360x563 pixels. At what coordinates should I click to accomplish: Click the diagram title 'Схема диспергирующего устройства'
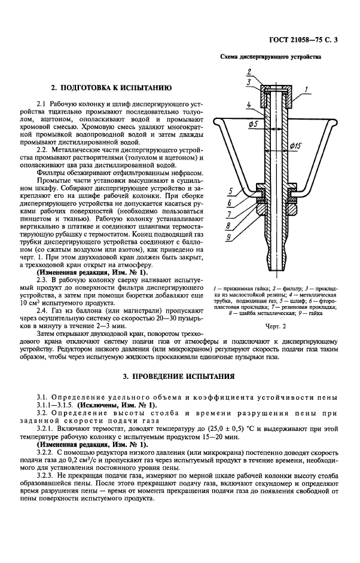pos(271,57)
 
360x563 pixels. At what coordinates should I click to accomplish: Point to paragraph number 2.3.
pos(43,279)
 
